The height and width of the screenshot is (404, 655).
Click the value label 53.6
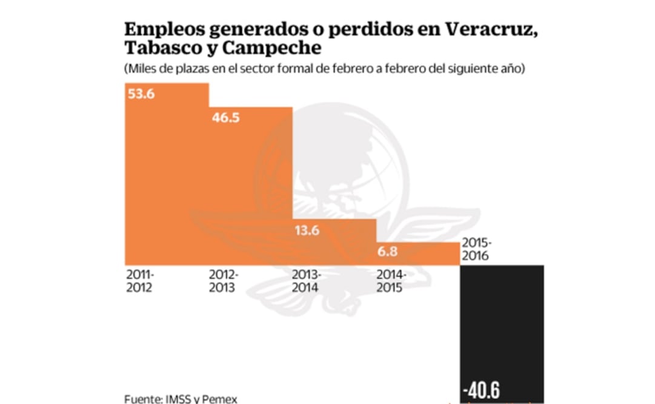(x=141, y=94)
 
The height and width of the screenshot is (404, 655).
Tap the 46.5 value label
(x=225, y=118)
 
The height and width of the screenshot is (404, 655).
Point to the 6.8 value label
(x=388, y=251)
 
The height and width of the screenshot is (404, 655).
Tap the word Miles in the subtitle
(x=141, y=69)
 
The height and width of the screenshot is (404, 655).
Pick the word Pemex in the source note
(x=219, y=399)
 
